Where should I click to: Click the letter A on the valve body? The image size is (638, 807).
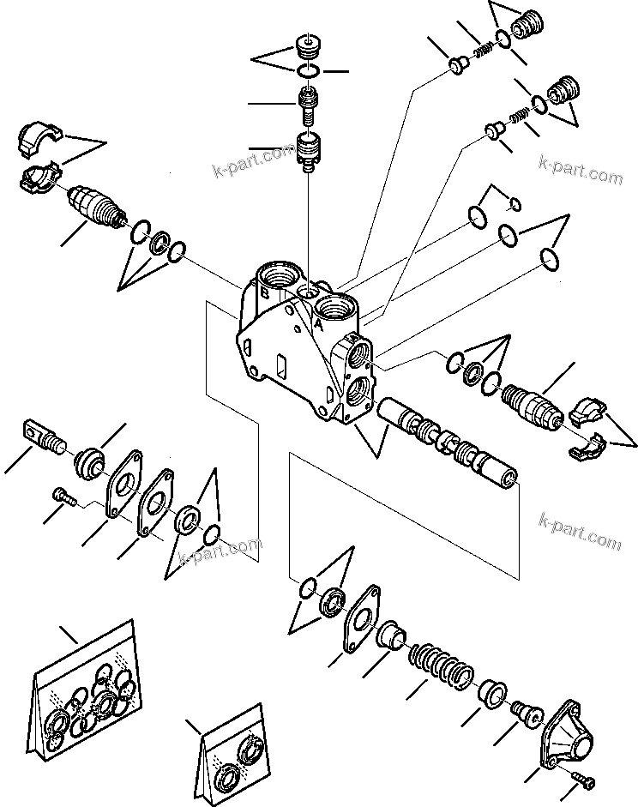click(x=317, y=325)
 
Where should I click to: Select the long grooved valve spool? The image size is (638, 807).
click(x=449, y=443)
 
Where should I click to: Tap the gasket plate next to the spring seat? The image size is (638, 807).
click(x=364, y=617)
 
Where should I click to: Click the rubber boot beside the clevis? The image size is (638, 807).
click(x=89, y=466)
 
